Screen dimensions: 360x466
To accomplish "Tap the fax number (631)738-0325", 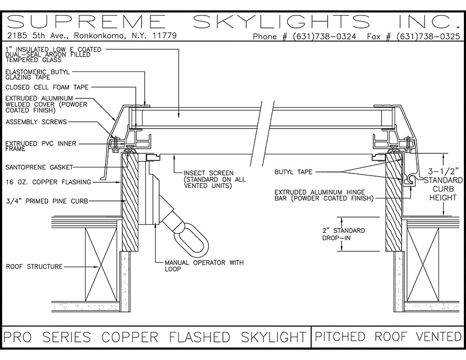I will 428,37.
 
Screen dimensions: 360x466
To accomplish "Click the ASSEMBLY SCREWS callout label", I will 36,122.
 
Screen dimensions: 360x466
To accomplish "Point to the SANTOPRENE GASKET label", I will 39,167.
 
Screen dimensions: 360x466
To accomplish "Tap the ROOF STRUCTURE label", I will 34,267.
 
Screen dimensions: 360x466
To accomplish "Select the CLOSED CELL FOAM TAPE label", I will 47,88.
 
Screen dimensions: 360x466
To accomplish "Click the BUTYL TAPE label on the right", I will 294,172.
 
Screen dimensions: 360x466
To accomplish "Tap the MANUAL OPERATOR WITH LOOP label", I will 204,266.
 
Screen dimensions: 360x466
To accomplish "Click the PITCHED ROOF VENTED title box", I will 388,337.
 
